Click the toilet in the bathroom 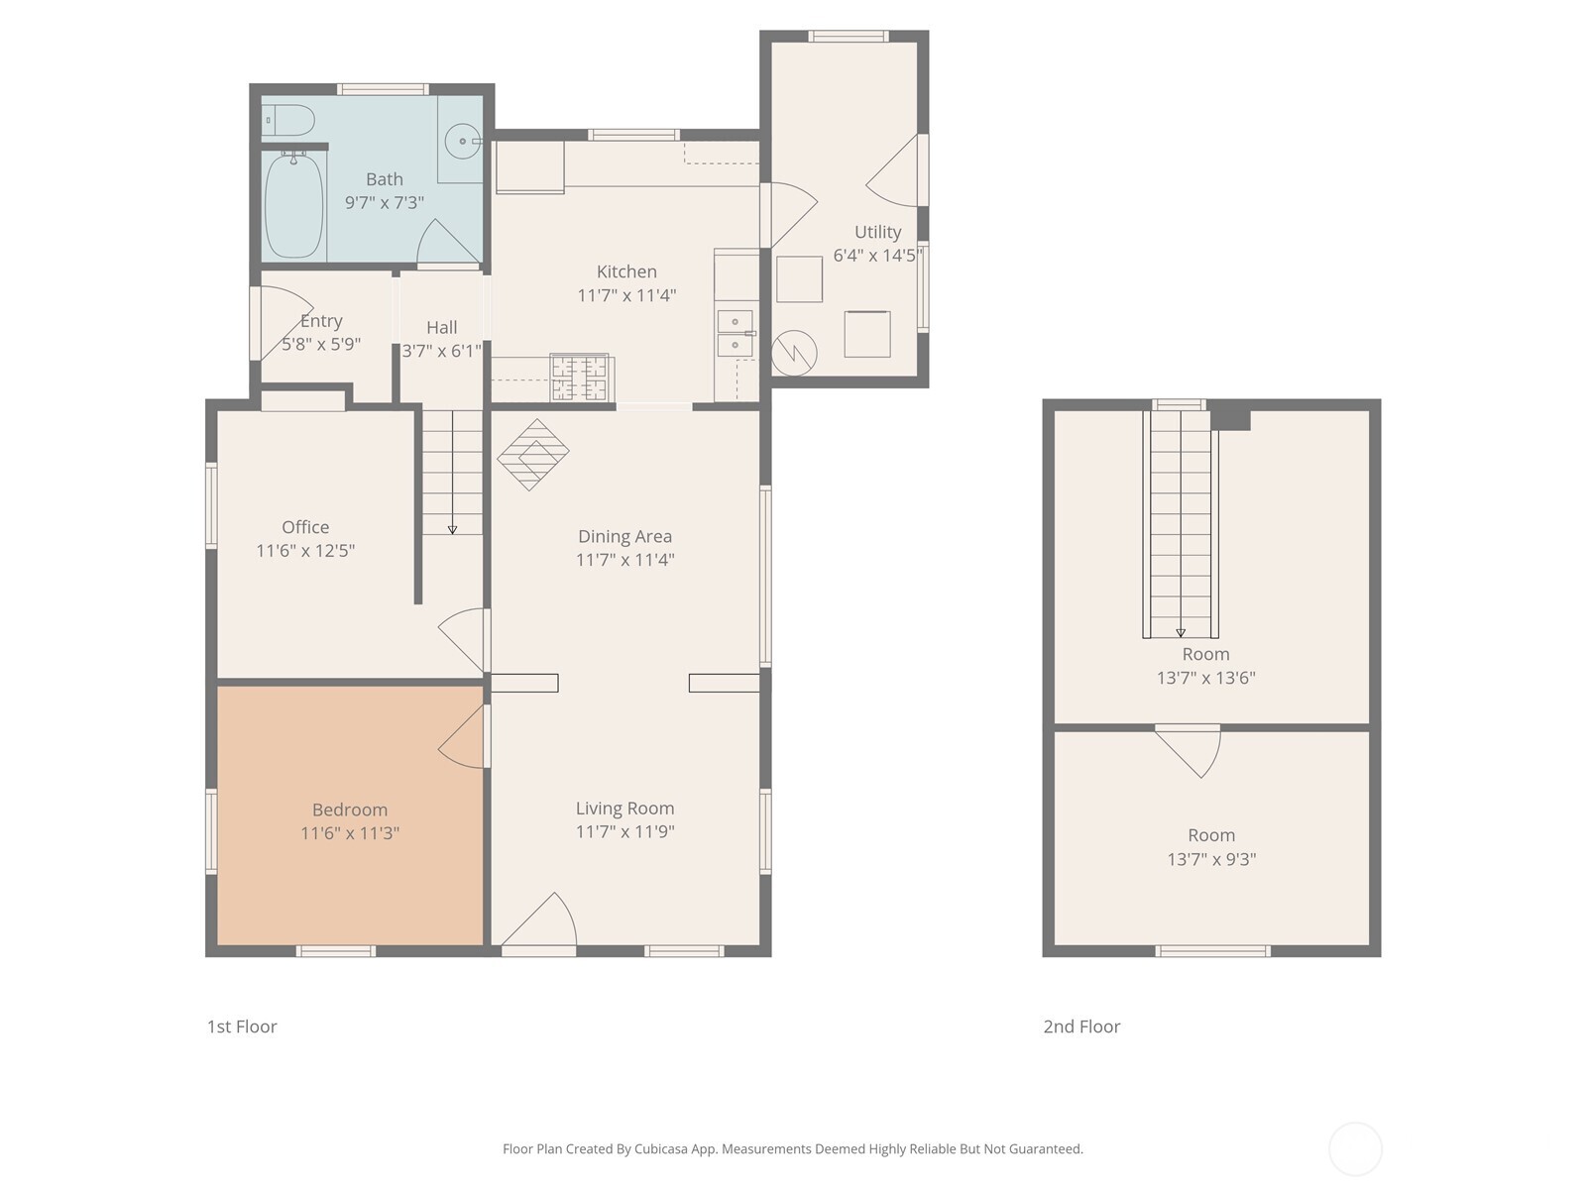288,121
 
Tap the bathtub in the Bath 294,206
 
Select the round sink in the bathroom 461,142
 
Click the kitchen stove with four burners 580,378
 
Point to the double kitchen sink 735,333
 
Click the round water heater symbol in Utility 794,352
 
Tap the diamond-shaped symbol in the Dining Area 533,455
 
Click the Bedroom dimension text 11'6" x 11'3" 350,833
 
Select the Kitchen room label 626,271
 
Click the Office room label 305,527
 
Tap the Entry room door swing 280,322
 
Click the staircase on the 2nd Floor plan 1181,525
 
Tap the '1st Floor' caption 242,1027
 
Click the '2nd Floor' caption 1081,1027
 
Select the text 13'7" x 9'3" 1211,859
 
